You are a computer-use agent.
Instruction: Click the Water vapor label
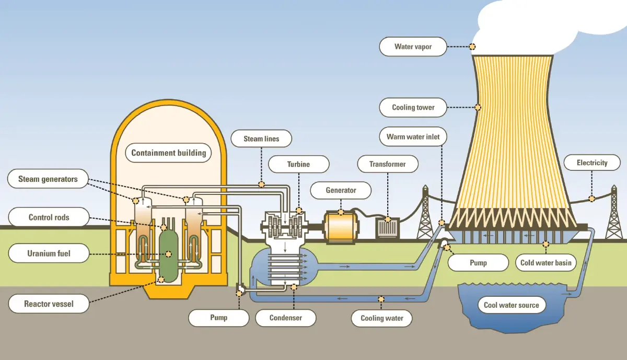point(413,47)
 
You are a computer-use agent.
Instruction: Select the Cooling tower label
point(413,108)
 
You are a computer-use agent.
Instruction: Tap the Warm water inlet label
point(413,137)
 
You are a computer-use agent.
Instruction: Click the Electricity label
point(591,163)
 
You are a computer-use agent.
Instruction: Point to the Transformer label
point(387,164)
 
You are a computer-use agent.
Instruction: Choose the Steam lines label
point(261,139)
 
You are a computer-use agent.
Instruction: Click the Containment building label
point(168,153)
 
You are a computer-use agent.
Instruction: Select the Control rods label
point(49,217)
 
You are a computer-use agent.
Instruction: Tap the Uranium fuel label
point(49,254)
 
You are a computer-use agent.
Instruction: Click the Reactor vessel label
point(49,304)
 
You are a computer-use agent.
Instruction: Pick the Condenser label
point(285,318)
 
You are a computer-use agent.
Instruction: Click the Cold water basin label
point(545,263)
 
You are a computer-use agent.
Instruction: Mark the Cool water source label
point(511,305)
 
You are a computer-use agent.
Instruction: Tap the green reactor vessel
point(169,253)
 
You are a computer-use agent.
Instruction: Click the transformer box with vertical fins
point(388,228)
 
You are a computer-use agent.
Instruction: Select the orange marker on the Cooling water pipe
point(381,299)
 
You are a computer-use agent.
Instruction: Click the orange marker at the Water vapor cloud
point(472,47)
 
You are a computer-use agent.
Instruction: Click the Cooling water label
point(382,318)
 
